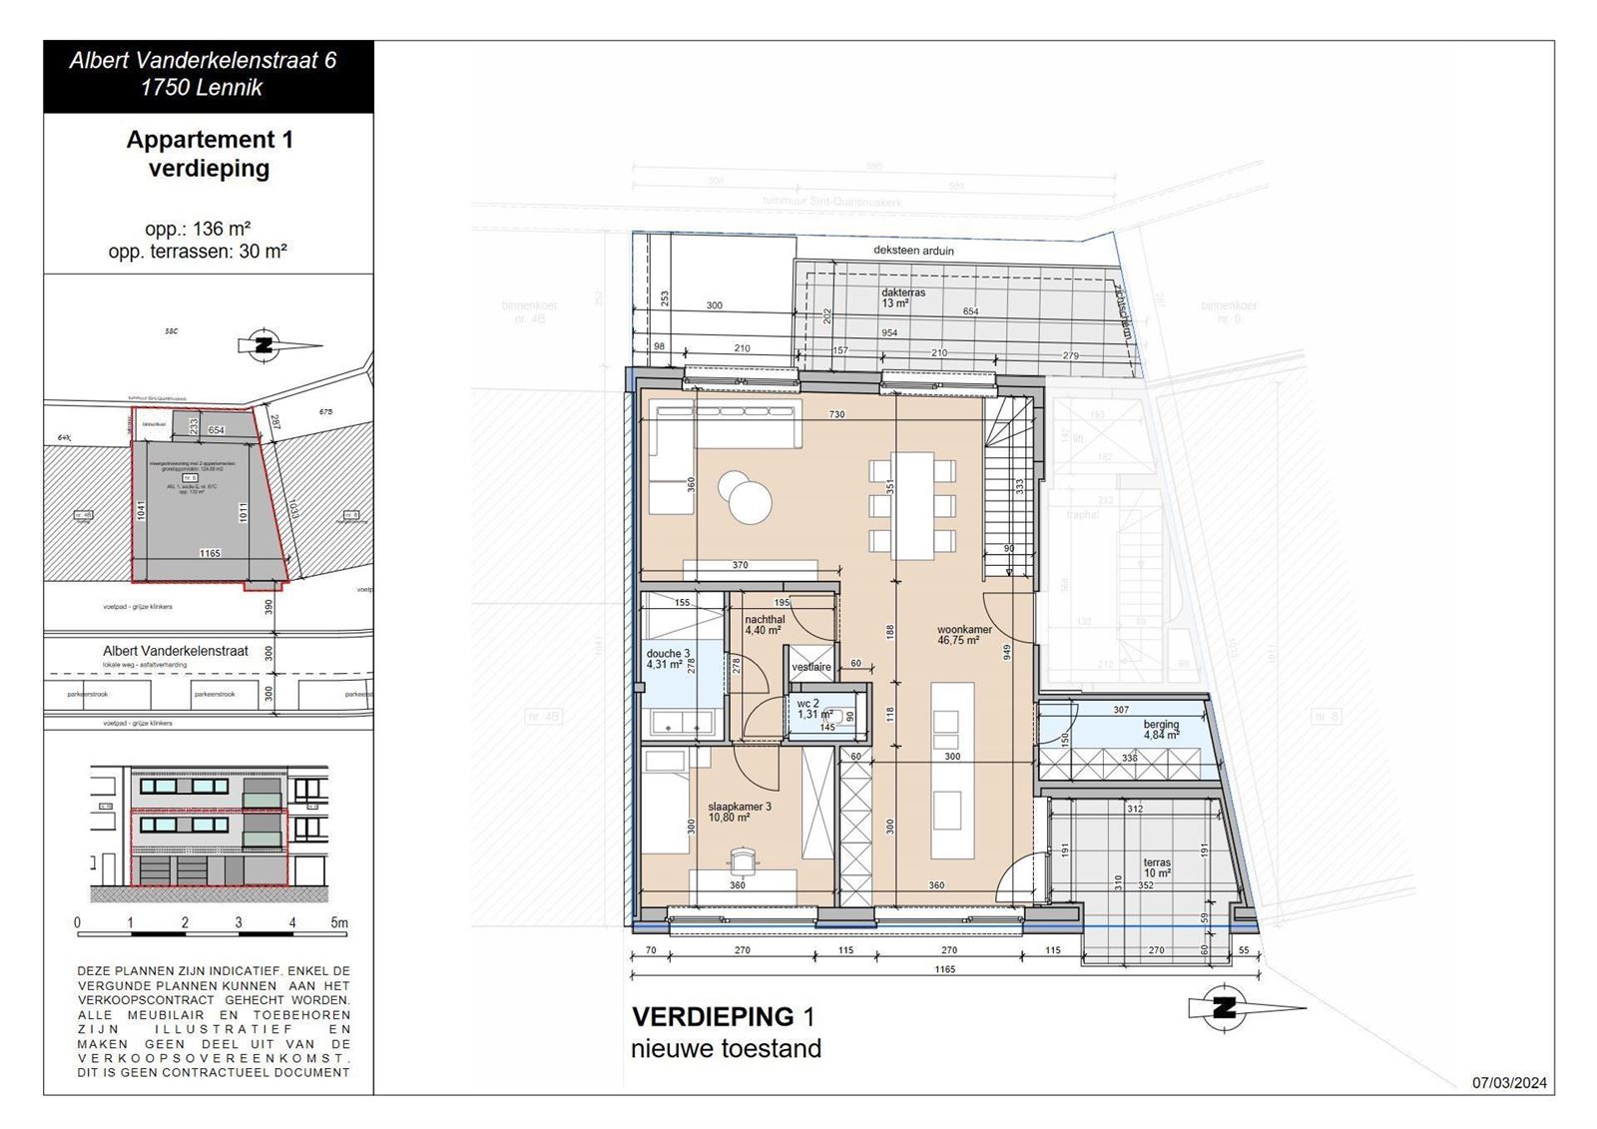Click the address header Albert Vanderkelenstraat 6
pos(203,60)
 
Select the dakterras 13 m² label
pos(903,297)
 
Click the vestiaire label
pos(811,667)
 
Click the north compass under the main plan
pos(1225,1008)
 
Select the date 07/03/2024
pos(1509,1083)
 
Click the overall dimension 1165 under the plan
pos(944,969)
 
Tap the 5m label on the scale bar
pos(339,923)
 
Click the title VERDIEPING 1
pos(724,1017)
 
